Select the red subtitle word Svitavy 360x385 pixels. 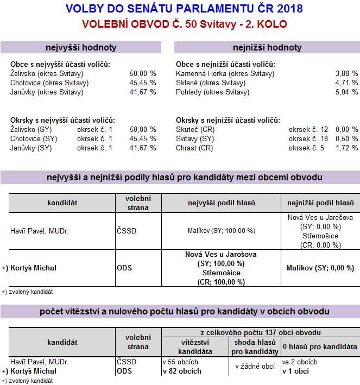[x=222, y=24]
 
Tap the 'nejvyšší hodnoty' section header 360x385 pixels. [x=81, y=47]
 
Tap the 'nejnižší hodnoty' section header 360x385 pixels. [x=267, y=47]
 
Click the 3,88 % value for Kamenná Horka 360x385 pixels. [x=347, y=73]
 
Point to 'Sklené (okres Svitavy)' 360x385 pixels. [x=211, y=83]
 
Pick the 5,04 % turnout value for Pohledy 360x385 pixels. [x=347, y=92]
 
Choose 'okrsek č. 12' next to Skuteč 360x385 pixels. [x=308, y=129]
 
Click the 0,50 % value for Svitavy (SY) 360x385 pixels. [x=347, y=138]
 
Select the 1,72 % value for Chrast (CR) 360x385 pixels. [x=347, y=148]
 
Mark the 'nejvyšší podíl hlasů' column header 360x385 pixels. [x=221, y=203]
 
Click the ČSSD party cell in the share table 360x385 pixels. [x=126, y=231]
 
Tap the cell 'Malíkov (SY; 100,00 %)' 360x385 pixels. [x=221, y=231]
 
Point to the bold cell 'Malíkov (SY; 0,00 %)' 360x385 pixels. [x=320, y=268]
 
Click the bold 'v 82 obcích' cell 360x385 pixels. [x=182, y=371]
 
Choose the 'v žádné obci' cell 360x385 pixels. [x=255, y=367]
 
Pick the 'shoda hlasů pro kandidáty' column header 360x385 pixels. [x=255, y=346]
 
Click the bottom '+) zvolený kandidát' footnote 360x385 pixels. [x=27, y=381]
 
